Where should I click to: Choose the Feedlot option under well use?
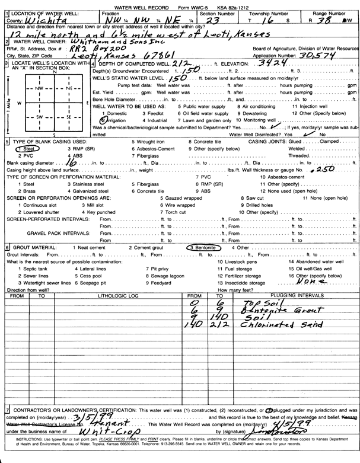(155, 113)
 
